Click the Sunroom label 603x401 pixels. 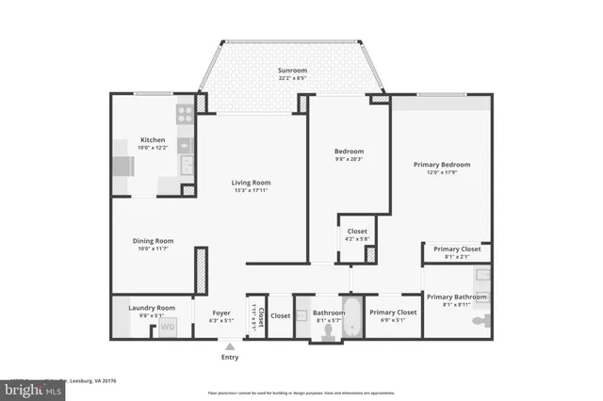291,71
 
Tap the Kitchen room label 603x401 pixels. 153,138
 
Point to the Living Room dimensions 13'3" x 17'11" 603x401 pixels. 252,191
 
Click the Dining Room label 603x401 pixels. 153,240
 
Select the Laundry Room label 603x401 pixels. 153,308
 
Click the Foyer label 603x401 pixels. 221,313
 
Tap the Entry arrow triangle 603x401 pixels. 229,345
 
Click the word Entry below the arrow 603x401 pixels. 229,358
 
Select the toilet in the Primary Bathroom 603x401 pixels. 478,321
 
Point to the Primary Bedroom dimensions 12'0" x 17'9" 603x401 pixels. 442,173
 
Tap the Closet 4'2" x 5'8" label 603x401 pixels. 357,235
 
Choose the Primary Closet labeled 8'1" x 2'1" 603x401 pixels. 457,253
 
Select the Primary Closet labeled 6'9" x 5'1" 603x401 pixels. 393,316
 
